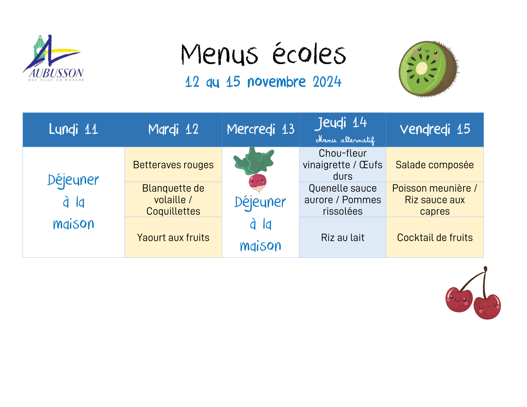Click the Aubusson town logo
pyautogui.click(x=53, y=58)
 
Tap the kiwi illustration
pyautogui.click(x=429, y=69)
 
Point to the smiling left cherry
pyautogui.click(x=459, y=299)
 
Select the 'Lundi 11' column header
pyautogui.click(x=73, y=129)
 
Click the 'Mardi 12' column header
pyautogui.click(x=173, y=129)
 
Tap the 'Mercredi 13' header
pyautogui.click(x=261, y=129)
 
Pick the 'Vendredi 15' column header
pyautogui.click(x=435, y=129)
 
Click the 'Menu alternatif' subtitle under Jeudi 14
pyautogui.click(x=345, y=140)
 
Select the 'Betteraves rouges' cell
pyautogui.click(x=173, y=165)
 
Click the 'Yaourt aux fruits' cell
pyautogui.click(x=173, y=237)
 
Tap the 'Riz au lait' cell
pyautogui.click(x=342, y=237)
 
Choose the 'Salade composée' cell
pyautogui.click(x=435, y=165)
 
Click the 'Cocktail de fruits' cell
pyautogui.click(x=435, y=237)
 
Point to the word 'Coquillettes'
pyautogui.click(x=173, y=211)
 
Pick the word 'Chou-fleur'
pyautogui.click(x=342, y=153)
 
